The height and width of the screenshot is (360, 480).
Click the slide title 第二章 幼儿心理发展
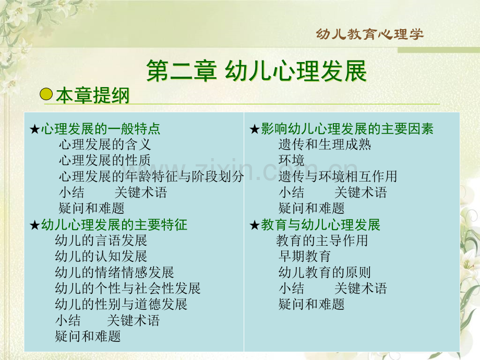[257, 71]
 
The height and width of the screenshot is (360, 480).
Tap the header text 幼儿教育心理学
[370, 34]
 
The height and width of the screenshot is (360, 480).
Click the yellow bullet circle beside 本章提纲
[46, 94]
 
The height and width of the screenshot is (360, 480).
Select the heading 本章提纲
[93, 95]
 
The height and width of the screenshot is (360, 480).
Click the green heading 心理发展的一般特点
[100, 128]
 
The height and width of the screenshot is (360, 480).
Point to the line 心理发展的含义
[105, 145]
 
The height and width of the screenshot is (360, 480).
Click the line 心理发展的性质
[105, 160]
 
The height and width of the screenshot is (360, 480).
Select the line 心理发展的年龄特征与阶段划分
[151, 176]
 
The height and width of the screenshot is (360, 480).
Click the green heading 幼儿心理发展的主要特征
[114, 225]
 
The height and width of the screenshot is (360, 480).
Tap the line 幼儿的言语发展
[101, 241]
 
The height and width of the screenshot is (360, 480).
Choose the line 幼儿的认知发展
[101, 256]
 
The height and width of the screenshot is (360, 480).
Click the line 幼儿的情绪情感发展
[114, 272]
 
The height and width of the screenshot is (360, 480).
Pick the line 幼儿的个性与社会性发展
[128, 288]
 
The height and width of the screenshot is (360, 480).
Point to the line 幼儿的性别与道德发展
[121, 304]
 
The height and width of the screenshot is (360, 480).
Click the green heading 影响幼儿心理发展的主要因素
[347, 128]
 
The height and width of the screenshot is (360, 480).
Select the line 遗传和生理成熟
[325, 145]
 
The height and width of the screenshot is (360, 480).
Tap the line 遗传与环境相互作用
[338, 176]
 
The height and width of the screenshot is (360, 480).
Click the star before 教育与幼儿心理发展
[255, 225]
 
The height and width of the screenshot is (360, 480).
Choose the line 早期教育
[305, 256]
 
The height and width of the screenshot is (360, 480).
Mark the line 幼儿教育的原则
[325, 272]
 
